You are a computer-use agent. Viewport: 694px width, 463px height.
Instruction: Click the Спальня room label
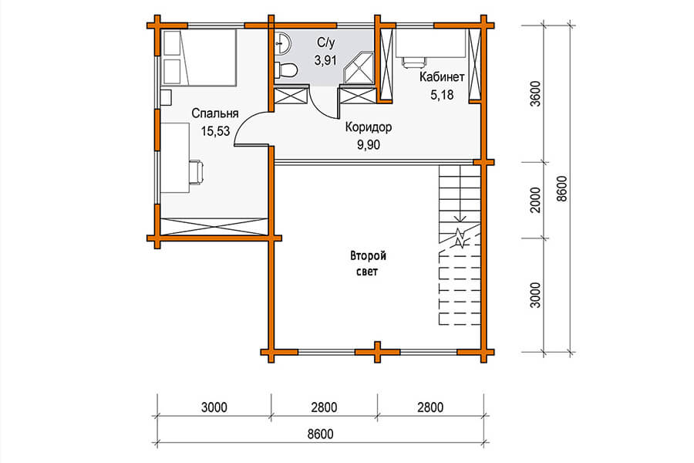pyautogui.click(x=214, y=113)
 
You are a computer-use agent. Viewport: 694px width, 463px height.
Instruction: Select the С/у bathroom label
pyautogui.click(x=325, y=42)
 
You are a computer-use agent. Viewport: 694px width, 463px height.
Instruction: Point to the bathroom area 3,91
pyautogui.click(x=325, y=60)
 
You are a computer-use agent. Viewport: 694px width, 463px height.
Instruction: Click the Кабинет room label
pyautogui.click(x=442, y=77)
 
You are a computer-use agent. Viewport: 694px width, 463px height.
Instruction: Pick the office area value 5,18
pyautogui.click(x=442, y=95)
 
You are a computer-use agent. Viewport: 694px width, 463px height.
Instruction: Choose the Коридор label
pyautogui.click(x=369, y=127)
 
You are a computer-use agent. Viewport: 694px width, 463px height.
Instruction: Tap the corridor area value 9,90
pyautogui.click(x=369, y=145)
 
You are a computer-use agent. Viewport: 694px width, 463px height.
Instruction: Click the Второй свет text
pyautogui.click(x=368, y=264)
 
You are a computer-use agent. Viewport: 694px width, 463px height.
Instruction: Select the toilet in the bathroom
pyautogui.click(x=285, y=70)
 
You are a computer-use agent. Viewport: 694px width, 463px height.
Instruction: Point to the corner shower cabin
pyautogui.click(x=359, y=68)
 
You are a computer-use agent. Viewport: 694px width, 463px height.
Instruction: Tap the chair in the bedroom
pyautogui.click(x=197, y=172)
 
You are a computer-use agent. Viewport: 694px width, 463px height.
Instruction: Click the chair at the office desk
pyautogui.click(x=413, y=62)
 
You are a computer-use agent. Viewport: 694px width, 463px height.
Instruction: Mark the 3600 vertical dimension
pyautogui.click(x=536, y=93)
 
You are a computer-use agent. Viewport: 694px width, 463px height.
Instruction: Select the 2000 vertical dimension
pyautogui.click(x=536, y=200)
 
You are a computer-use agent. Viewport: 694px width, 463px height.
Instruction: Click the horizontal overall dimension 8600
pyautogui.click(x=321, y=434)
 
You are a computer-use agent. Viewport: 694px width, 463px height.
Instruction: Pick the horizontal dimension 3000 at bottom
pyautogui.click(x=214, y=407)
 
